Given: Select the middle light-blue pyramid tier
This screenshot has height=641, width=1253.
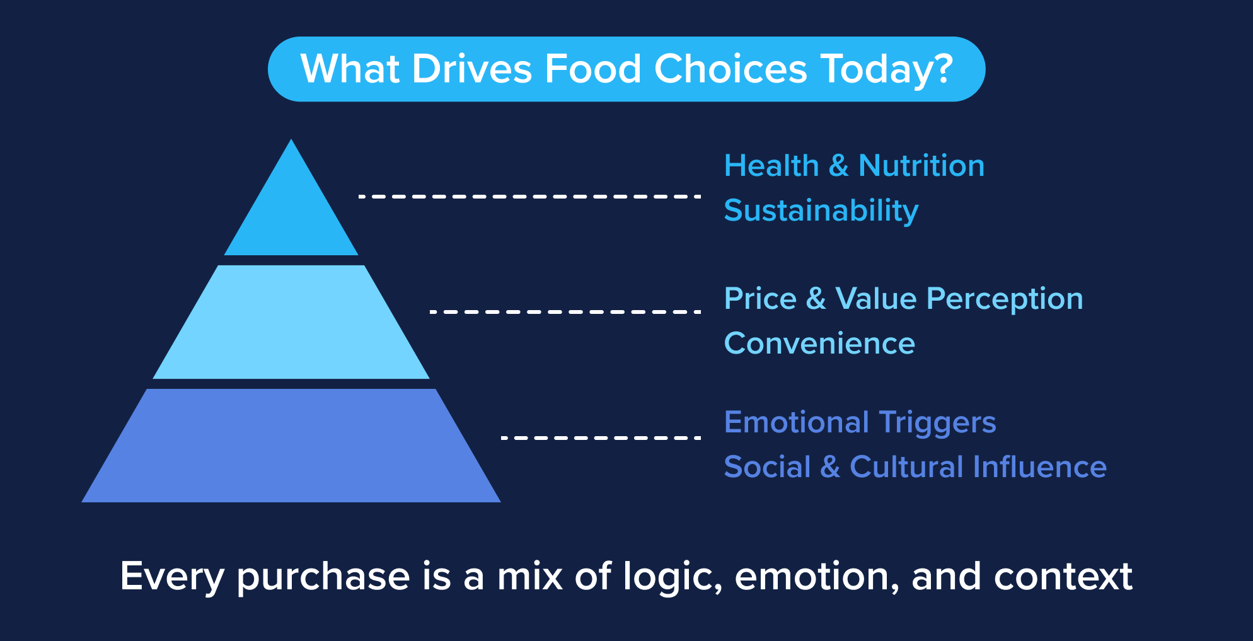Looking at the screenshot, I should (291, 323).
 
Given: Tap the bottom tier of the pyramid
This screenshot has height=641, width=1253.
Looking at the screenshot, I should (291, 446).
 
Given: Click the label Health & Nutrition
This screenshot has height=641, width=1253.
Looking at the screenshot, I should (854, 166).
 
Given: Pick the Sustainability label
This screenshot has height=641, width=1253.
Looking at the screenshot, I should (821, 211).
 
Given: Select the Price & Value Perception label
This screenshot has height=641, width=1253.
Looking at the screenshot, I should (903, 299).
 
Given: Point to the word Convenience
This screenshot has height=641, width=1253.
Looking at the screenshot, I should (819, 344).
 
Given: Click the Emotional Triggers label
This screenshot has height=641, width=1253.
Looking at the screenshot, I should (860, 422).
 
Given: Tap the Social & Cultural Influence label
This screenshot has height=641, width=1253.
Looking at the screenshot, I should (915, 467).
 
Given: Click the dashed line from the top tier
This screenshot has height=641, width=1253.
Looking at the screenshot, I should (529, 197).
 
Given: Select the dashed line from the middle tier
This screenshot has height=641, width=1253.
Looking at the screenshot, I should (565, 311).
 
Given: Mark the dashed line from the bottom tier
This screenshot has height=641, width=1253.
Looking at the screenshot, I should (600, 437).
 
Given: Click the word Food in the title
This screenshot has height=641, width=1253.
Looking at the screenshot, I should (592, 69).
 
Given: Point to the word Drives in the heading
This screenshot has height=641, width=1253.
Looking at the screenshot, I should (472, 69).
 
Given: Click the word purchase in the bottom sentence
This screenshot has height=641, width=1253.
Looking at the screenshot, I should (323, 577).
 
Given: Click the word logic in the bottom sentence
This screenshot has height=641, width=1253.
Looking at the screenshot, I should (672, 577).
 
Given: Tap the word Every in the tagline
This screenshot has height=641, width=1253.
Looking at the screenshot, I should (172, 577).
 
